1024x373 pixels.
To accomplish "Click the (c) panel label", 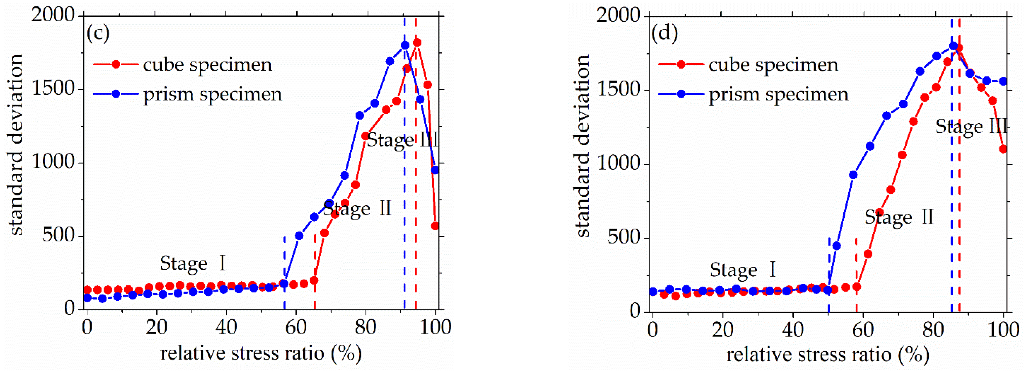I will pos(98,33).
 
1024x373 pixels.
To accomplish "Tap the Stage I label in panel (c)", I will pos(193,263).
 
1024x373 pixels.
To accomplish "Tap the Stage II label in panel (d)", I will pos(899,217).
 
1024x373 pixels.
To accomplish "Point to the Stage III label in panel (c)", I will pos(402,140).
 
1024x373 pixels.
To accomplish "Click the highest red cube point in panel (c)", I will pos(417,43).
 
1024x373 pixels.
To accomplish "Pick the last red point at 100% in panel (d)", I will pos(1003,149).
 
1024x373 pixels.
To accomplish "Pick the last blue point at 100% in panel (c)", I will pos(435,170).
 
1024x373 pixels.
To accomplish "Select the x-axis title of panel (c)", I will pos(261,353).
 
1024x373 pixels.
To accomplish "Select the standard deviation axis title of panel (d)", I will pos(583,146).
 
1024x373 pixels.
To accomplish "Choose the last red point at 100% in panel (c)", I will pos(435,226).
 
